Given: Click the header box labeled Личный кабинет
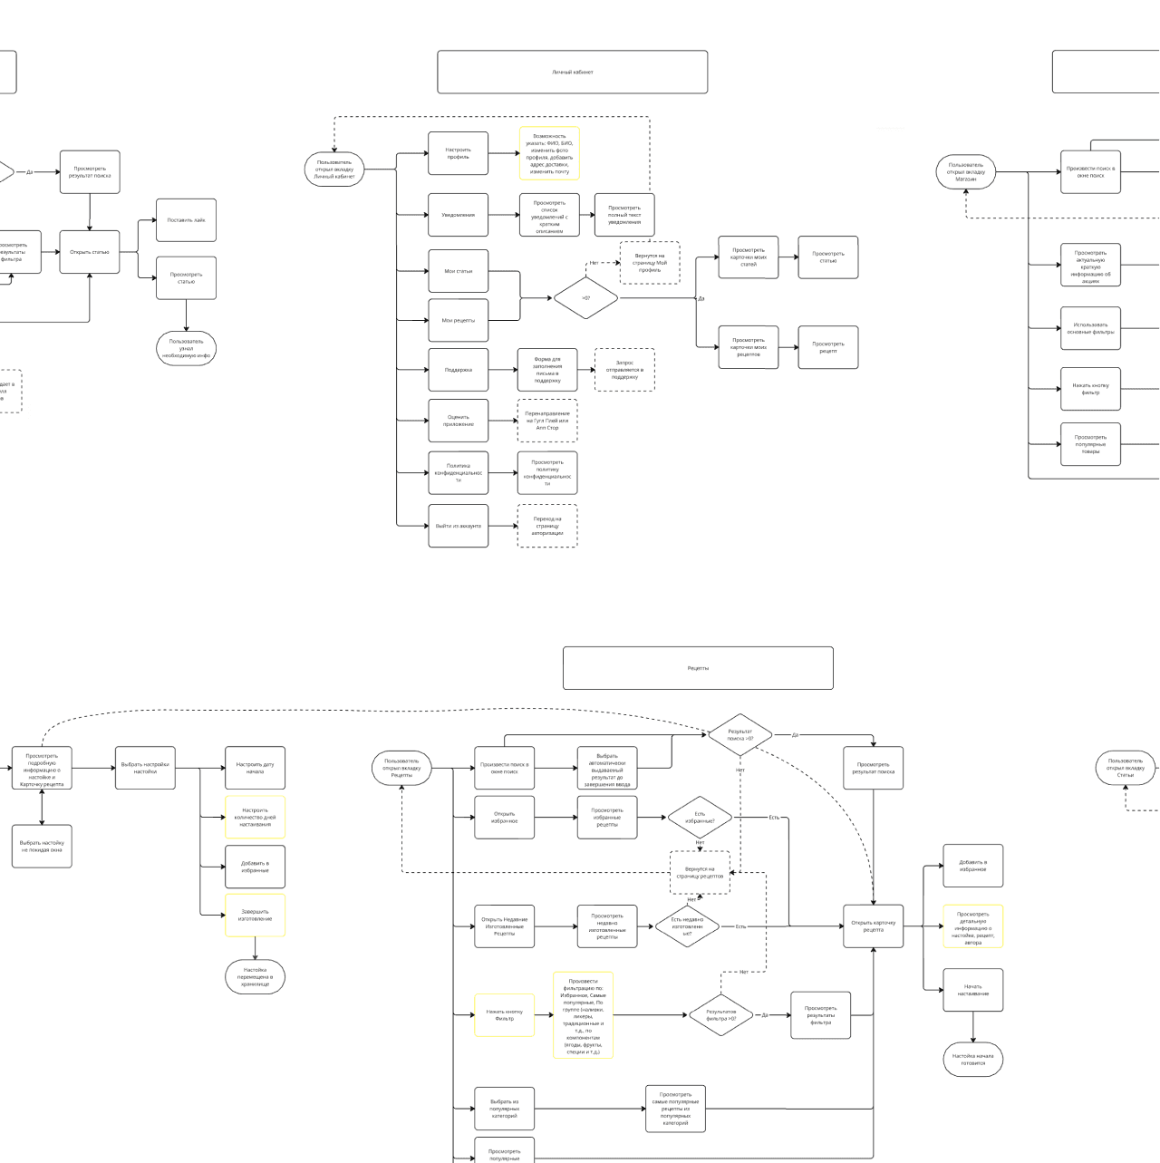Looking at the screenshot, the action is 572,72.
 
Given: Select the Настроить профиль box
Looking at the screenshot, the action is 458,153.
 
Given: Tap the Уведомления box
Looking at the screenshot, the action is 458,215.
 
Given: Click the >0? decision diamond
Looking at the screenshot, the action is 585,298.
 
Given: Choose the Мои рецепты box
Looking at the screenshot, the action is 458,320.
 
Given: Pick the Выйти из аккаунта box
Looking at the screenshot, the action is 458,526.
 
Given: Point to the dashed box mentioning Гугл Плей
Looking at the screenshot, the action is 547,421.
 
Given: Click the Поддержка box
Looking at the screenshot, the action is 458,370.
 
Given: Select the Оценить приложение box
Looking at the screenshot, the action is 458,421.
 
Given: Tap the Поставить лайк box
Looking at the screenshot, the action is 186,220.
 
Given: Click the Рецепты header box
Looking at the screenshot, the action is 698,668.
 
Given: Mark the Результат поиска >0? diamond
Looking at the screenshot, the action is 740,734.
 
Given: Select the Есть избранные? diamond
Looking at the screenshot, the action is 700,818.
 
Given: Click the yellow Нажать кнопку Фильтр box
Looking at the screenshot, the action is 504,1015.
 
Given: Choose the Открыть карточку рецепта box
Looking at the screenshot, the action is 873,926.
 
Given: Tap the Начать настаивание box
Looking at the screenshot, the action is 972,990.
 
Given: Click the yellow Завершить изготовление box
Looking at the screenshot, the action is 255,916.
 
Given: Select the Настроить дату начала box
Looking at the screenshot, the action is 255,768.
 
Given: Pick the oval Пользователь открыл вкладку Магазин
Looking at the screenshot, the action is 966,172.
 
